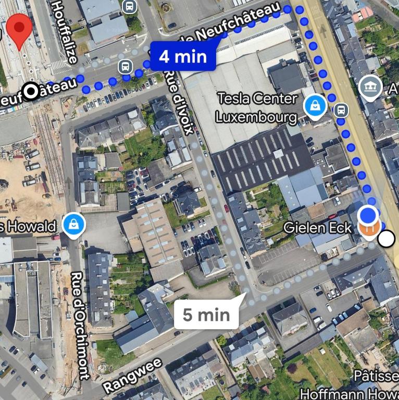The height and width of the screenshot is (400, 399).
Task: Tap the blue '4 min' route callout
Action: [x=182, y=56]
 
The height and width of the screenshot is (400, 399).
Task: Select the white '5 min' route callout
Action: [x=206, y=314]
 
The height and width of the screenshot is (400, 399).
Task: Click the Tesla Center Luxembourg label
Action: [x=257, y=107]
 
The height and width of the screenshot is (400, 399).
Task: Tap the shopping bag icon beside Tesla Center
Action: [x=315, y=106]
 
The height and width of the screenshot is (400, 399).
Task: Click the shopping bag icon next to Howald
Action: [x=74, y=226]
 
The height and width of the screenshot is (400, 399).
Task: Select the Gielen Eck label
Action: [x=318, y=228]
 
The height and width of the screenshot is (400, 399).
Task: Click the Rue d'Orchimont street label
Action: [x=78, y=326]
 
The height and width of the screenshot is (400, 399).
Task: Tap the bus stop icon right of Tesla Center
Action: [x=341, y=110]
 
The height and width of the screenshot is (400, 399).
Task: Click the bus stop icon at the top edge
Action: [x=129, y=6]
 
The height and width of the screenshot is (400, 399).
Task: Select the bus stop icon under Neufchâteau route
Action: [x=124, y=66]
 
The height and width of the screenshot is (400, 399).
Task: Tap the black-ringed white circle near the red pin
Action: [x=32, y=92]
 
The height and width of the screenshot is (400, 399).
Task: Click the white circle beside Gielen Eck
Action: [x=386, y=239]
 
